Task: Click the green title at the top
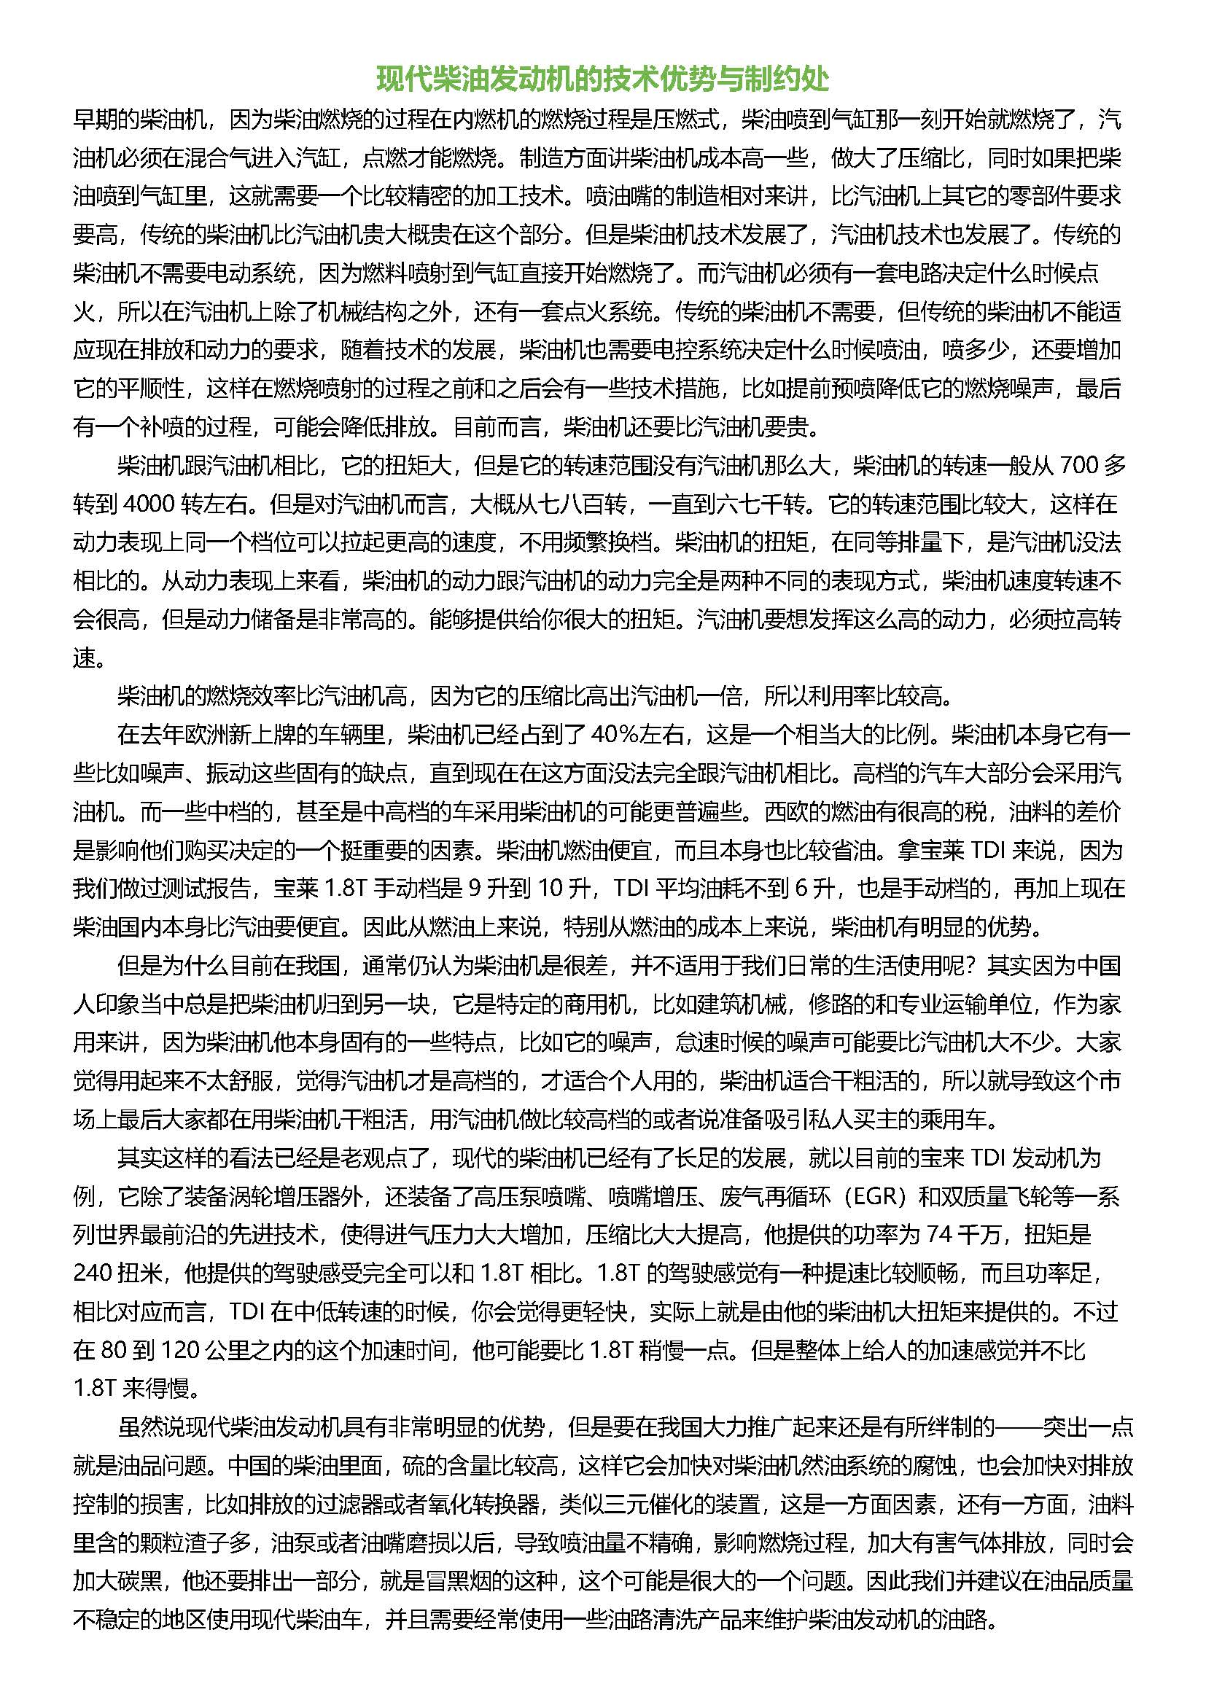(x=602, y=79)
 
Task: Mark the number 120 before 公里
(x=179, y=1350)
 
